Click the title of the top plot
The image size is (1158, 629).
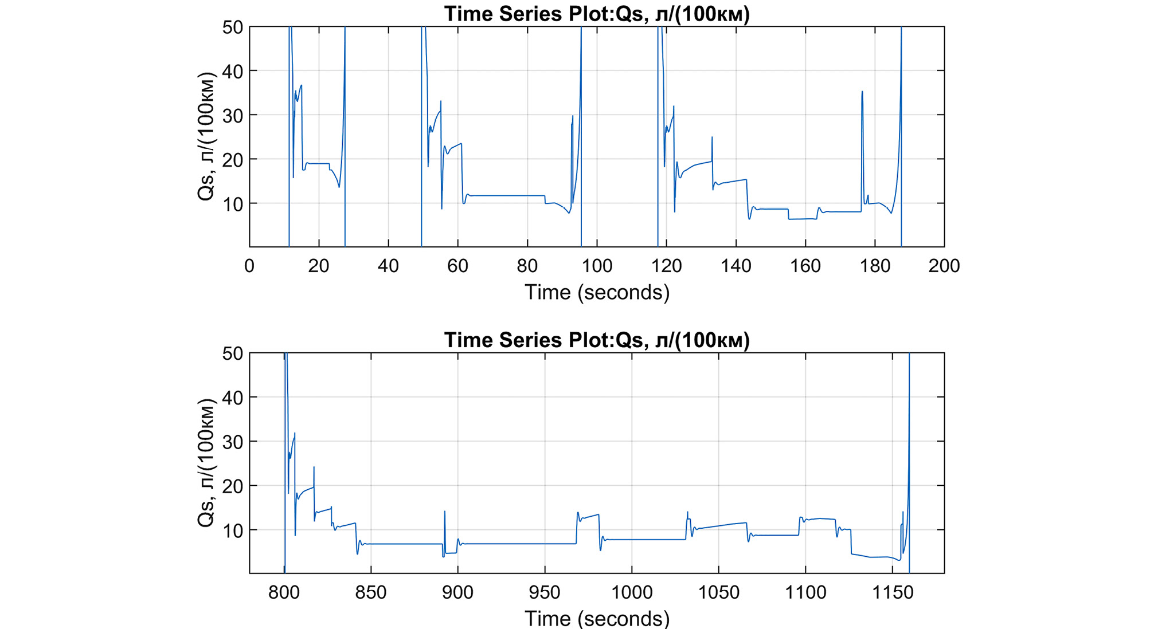point(596,14)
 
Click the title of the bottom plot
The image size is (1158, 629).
point(596,340)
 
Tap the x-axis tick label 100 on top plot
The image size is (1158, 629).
point(597,266)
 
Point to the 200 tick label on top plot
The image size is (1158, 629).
point(944,266)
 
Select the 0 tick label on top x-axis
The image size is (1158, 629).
point(249,266)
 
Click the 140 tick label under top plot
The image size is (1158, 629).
point(736,266)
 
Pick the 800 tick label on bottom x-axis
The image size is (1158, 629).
point(284,592)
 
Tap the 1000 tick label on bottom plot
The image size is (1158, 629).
point(631,592)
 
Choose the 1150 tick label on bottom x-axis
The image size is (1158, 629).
point(892,592)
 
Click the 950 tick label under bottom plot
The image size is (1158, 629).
point(545,592)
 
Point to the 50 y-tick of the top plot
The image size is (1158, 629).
point(232,27)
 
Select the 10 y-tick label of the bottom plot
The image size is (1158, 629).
point(232,530)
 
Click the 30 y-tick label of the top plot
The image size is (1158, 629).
point(232,116)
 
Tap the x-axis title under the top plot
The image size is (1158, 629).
point(596,293)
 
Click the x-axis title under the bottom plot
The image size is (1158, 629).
point(596,619)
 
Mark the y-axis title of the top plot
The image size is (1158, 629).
point(206,136)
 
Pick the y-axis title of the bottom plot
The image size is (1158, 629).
point(206,463)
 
